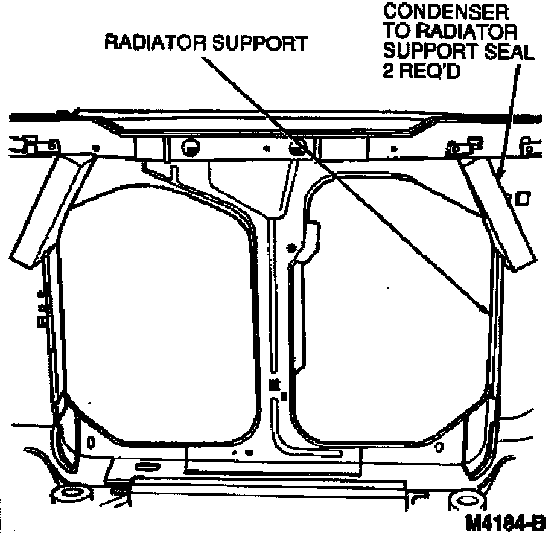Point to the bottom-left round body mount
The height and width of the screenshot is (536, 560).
(x=71, y=495)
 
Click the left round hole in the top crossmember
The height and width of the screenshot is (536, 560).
(x=189, y=145)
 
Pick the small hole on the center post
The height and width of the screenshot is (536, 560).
(x=292, y=247)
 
